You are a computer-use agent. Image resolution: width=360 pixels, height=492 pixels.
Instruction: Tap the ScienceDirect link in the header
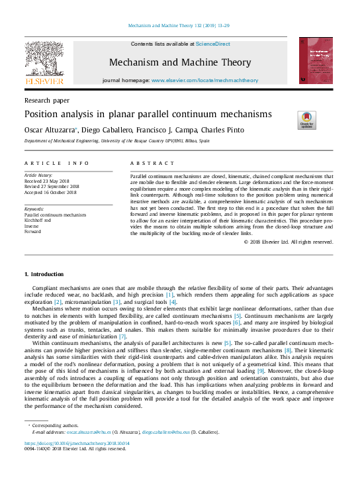point(212,44)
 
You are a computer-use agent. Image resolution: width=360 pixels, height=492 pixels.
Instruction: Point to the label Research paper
point(46,101)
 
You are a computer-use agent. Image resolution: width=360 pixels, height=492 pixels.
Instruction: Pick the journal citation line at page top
point(179,26)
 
